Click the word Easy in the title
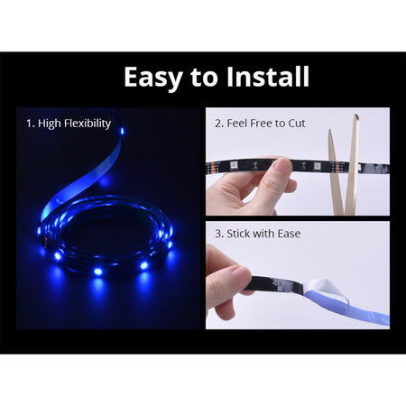tap(153, 78)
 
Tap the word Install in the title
tap(267, 76)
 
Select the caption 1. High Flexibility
tap(69, 124)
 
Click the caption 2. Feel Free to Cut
tap(260, 124)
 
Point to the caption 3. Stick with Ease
tap(258, 234)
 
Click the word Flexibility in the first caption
tap(88, 124)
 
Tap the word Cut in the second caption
tap(297, 124)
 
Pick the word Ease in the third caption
tap(289, 234)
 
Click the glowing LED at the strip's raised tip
tap(122, 131)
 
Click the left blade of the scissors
tap(335, 171)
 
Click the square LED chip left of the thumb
tap(235, 165)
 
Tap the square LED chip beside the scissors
tap(317, 166)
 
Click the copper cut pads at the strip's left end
tap(211, 167)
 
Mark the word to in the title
tap(204, 78)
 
